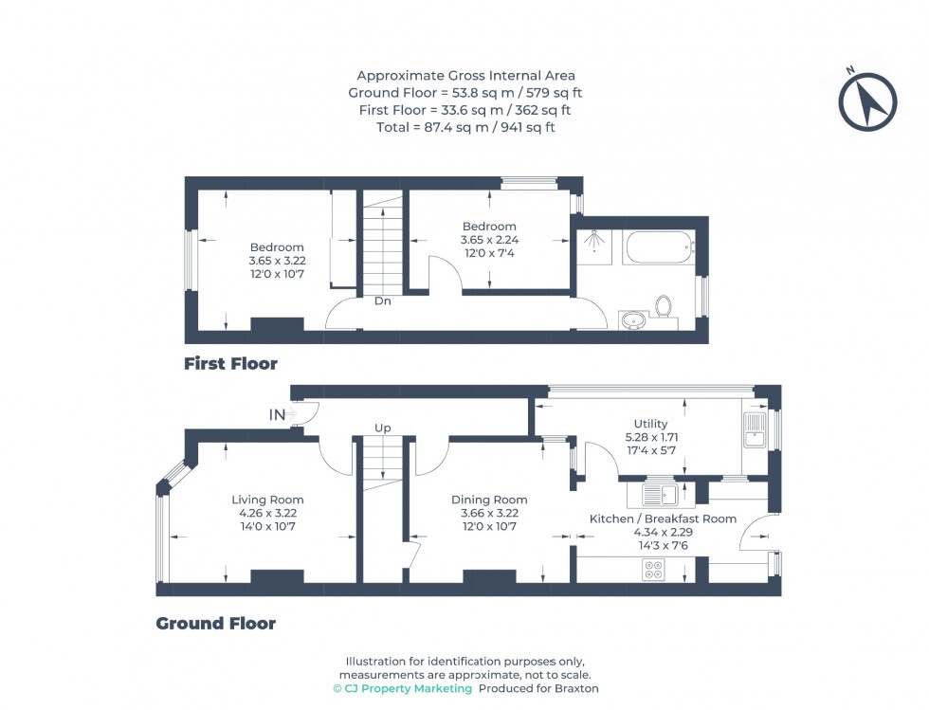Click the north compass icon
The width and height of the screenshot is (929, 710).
click(x=867, y=101)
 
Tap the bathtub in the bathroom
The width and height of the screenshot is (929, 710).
click(x=658, y=249)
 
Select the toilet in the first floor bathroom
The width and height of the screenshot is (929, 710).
click(x=664, y=307)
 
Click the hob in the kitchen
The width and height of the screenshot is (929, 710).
click(x=653, y=570)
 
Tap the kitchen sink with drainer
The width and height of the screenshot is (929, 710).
click(x=661, y=494)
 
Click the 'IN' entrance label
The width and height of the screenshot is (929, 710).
click(x=278, y=414)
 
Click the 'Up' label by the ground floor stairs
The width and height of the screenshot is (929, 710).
click(x=383, y=428)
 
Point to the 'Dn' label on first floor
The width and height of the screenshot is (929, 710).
click(x=383, y=301)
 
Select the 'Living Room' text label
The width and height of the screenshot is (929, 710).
click(x=267, y=500)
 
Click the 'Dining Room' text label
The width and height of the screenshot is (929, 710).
click(x=489, y=500)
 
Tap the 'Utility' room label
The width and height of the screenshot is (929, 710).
click(x=650, y=424)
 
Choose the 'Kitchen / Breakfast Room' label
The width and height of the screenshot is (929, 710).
click(x=663, y=519)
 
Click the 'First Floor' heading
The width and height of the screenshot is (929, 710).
click(x=230, y=363)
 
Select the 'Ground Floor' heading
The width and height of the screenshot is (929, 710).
click(x=216, y=623)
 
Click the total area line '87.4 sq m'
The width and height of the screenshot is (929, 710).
click(x=464, y=127)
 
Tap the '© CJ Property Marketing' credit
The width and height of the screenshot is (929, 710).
click(x=403, y=688)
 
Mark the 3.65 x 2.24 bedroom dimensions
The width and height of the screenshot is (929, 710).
click(x=489, y=240)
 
